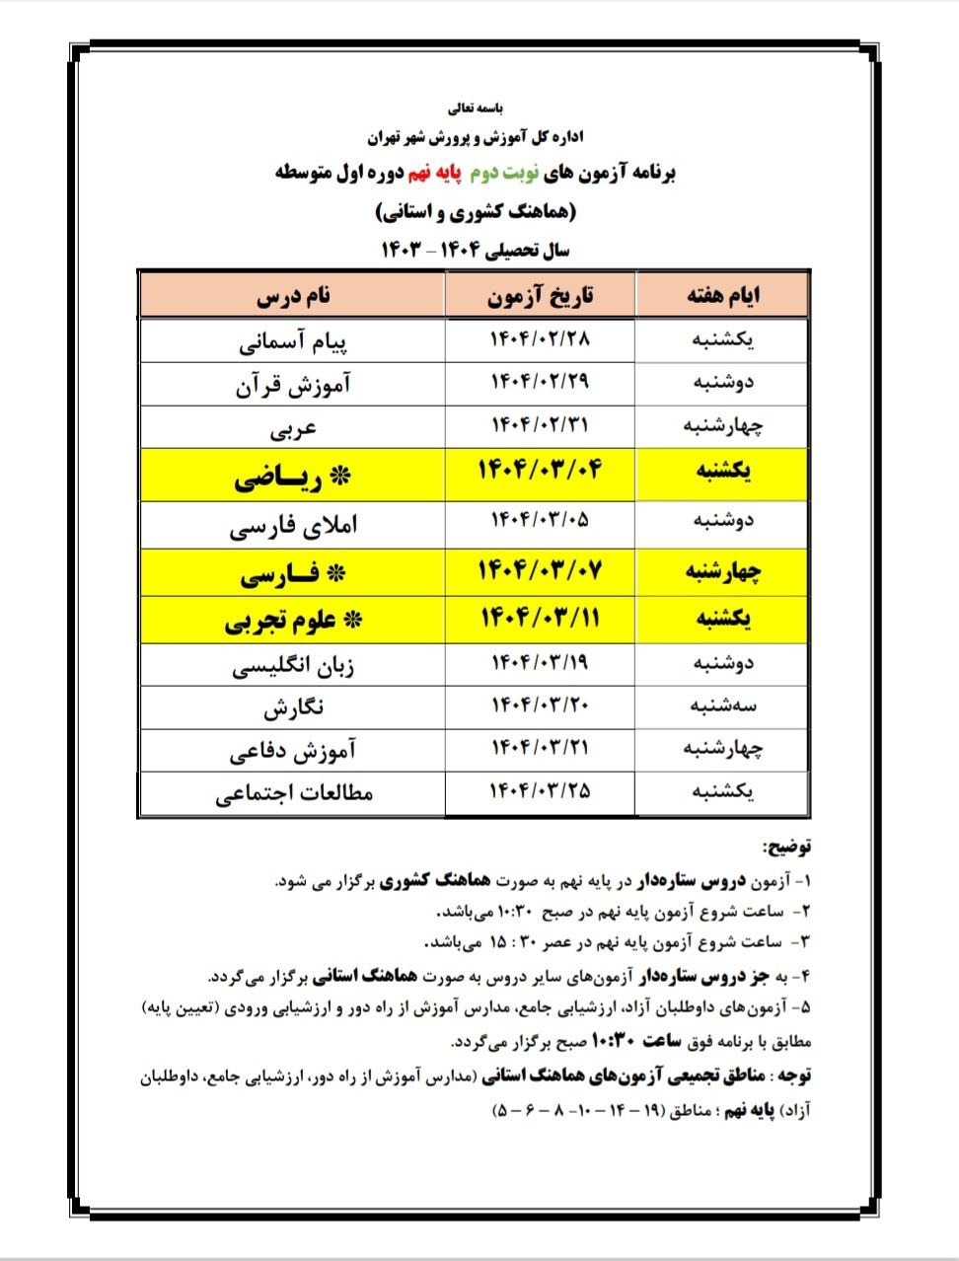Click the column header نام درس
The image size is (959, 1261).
click(x=293, y=296)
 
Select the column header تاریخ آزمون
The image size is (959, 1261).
click(x=541, y=296)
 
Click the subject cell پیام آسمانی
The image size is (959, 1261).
click(x=293, y=341)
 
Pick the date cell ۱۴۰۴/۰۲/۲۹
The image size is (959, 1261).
click(x=541, y=382)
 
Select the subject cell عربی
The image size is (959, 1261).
click(x=293, y=428)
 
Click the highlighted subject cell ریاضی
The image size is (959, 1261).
click(x=293, y=479)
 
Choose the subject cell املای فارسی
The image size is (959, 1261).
click(x=293, y=526)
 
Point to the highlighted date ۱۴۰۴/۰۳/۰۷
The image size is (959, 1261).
click(x=540, y=570)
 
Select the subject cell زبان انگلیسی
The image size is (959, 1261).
click(x=293, y=666)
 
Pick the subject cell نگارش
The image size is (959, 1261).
click(x=293, y=708)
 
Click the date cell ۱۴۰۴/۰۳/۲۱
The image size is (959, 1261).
click(x=541, y=748)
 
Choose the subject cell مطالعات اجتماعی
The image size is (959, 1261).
click(x=293, y=792)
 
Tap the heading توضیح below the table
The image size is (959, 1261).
click(x=786, y=847)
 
